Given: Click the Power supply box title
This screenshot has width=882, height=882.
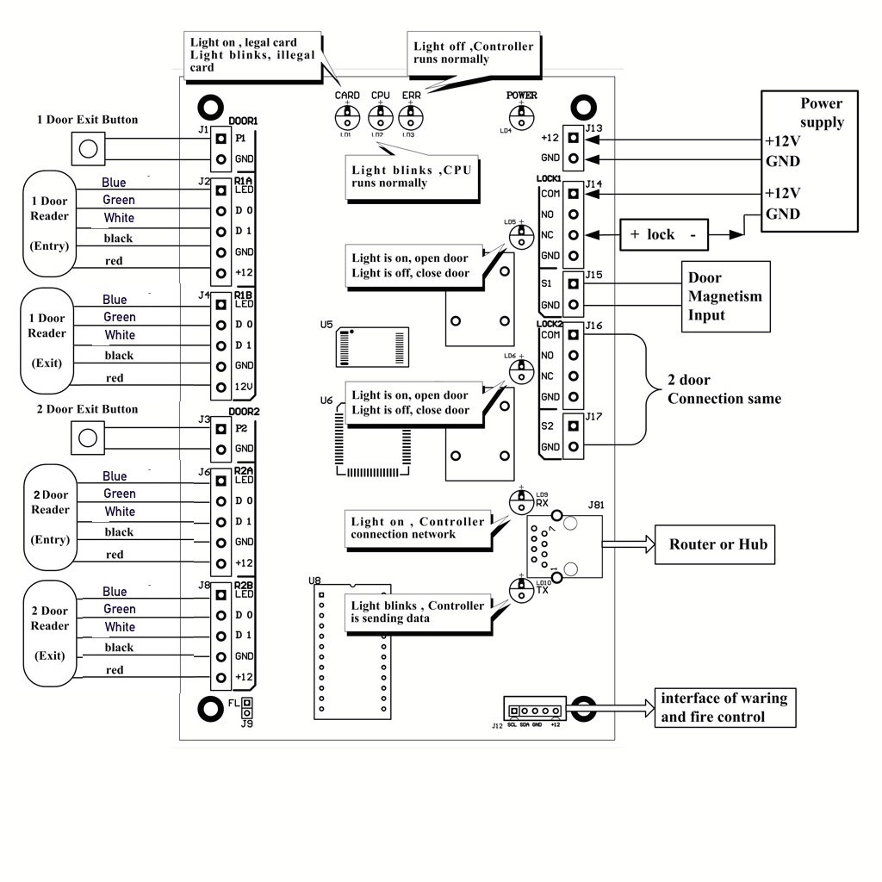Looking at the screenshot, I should tap(821, 113).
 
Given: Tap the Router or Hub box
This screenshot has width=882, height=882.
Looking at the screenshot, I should tap(717, 543).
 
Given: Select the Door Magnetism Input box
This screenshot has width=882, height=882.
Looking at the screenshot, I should tap(724, 296).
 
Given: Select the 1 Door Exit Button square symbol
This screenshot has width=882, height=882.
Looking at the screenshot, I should tap(85, 149).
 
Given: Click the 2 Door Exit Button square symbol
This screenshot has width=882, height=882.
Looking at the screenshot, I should tap(85, 438).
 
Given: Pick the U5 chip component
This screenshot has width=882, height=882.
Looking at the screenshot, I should tap(373, 347).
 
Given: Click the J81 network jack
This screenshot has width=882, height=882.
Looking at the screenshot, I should tap(564, 547).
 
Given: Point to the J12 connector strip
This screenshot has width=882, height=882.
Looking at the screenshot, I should tap(535, 711).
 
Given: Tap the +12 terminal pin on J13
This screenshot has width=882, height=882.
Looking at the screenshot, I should tap(574, 138).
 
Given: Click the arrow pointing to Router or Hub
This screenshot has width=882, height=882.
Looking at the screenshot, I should tap(628, 543).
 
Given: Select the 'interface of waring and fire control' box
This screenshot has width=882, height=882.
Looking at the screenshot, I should tap(723, 707).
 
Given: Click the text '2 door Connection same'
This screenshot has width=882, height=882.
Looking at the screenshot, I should tap(724, 389).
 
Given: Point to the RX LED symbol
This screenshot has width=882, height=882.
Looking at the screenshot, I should tap(520, 501).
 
